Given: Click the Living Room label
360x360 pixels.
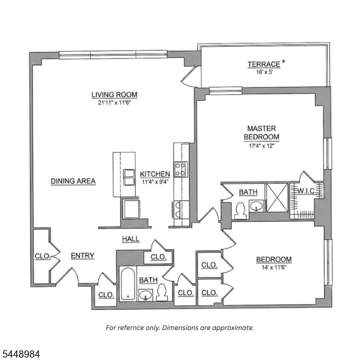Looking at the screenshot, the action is (x=115, y=95).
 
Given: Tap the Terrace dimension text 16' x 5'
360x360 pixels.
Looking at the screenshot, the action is (x=264, y=72).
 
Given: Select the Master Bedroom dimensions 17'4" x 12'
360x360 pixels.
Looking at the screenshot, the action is (x=262, y=146).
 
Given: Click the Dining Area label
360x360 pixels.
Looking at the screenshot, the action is (x=73, y=181).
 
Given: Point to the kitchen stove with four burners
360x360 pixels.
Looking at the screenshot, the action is (x=181, y=169).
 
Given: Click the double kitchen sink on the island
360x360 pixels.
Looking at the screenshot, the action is (x=129, y=177).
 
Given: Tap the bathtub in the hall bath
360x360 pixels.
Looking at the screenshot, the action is (x=128, y=284).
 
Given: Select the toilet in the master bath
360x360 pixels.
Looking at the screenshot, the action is (x=241, y=211).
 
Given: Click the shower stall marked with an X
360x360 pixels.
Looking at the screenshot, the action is (x=277, y=197).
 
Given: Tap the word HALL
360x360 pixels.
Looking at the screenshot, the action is (x=131, y=239).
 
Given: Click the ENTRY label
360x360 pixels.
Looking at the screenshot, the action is (x=82, y=256).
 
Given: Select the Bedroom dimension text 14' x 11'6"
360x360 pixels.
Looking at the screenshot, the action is (x=274, y=268).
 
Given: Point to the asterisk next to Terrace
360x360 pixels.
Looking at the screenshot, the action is (x=284, y=62).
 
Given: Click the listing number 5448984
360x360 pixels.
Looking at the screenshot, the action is (x=20, y=354).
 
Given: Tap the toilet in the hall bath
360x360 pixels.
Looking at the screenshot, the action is (x=162, y=292).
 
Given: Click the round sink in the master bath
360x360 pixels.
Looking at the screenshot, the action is (x=256, y=206).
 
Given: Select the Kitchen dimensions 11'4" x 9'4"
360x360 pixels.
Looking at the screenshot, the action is (x=155, y=182).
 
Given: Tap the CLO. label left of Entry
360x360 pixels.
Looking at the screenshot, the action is (x=43, y=256).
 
